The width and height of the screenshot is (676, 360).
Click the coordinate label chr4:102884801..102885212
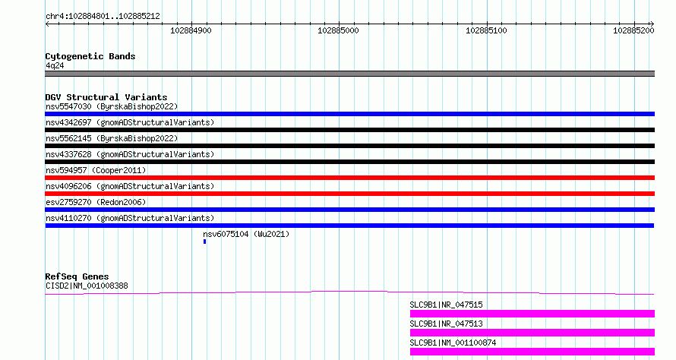pyautogui.click(x=103, y=16)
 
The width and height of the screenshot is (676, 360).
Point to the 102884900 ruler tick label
pyautogui.click(x=191, y=30)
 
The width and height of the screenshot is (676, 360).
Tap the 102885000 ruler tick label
pyautogui.click(x=338, y=30)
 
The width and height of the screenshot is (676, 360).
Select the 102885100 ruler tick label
pyautogui.click(x=486, y=30)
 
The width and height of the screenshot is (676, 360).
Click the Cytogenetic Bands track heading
pyautogui.click(x=90, y=56)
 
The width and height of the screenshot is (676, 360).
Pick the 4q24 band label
pyautogui.click(x=55, y=65)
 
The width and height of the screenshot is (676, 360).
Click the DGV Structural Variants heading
pyautogui.click(x=106, y=97)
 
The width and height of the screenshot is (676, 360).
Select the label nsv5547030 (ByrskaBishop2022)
pyautogui.click(x=112, y=106)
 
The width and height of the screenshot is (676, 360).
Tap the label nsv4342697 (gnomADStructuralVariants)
pyautogui.click(x=130, y=122)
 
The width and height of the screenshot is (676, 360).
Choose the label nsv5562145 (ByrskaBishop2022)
pyautogui.click(x=112, y=138)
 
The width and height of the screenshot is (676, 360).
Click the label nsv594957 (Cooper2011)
pyautogui.click(x=96, y=170)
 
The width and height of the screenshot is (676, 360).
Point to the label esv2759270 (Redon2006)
pyautogui.click(x=96, y=202)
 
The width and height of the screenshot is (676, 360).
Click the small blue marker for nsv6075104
pyautogui.click(x=205, y=242)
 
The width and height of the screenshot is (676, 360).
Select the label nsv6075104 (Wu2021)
pyautogui.click(x=246, y=234)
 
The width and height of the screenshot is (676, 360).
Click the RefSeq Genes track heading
pyautogui.click(x=77, y=276)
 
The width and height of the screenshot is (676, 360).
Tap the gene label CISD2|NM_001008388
pyautogui.click(x=87, y=286)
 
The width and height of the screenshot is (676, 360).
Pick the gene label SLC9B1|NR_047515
pyautogui.click(x=446, y=305)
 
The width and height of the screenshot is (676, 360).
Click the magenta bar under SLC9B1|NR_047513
pyautogui.click(x=532, y=333)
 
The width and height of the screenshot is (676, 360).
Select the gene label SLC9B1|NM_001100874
pyautogui.click(x=453, y=343)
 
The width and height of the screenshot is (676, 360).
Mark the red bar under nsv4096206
pyautogui.click(x=349, y=194)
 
